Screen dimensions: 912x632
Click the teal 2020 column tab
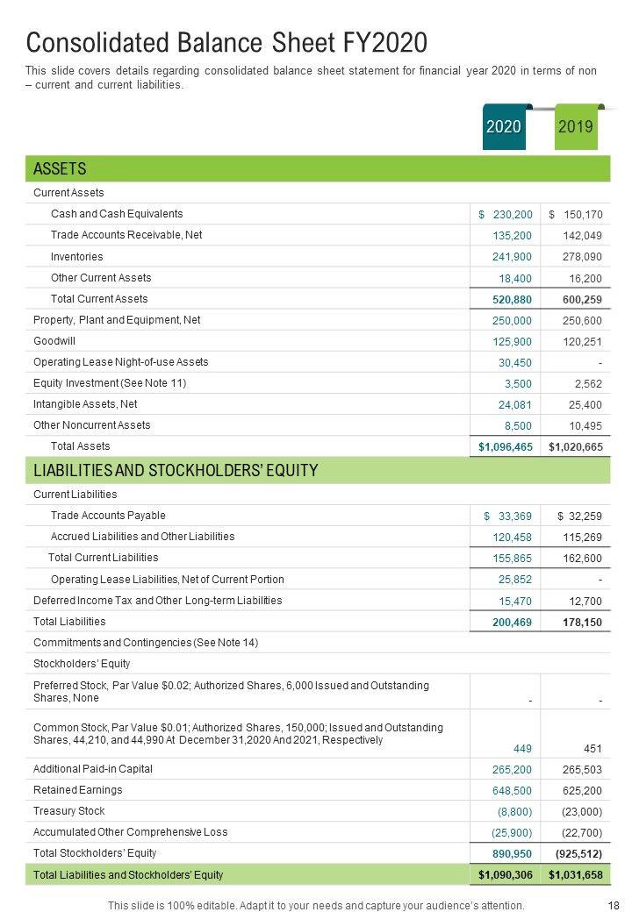click(x=504, y=127)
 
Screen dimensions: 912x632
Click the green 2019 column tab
click(x=576, y=127)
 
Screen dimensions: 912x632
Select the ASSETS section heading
click(x=60, y=168)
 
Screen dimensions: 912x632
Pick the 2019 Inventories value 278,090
click(x=582, y=257)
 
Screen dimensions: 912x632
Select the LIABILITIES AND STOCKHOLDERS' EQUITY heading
click(x=176, y=471)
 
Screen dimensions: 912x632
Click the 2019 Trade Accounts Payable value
click(x=579, y=517)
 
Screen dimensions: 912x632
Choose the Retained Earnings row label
click(x=77, y=790)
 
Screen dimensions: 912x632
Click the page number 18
click(x=614, y=905)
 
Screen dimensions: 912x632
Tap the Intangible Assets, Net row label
click(x=85, y=404)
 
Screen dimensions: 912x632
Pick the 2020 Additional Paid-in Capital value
click(x=513, y=769)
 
